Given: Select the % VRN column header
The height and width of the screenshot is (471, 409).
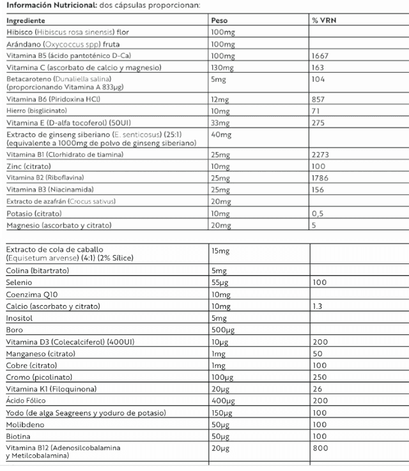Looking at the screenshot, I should point(324,20).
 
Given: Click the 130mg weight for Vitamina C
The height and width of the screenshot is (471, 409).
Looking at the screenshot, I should point(222,68).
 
